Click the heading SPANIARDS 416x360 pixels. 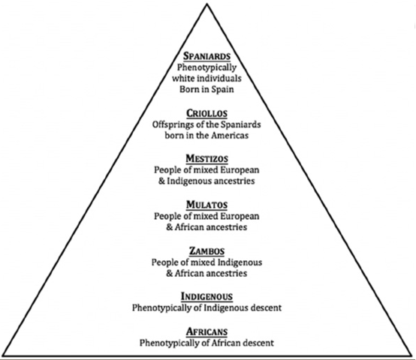207,56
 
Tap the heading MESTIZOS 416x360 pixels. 207,158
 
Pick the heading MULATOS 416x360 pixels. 207,204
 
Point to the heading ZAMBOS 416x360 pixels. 207,250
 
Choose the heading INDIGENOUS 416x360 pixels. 207,295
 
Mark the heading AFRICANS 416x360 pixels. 207,331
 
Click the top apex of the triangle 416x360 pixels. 208,4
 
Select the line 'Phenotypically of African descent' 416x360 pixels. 207,342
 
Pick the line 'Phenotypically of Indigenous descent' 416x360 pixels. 207,307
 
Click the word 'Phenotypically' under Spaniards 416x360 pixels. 207,67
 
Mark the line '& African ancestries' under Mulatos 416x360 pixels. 207,227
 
